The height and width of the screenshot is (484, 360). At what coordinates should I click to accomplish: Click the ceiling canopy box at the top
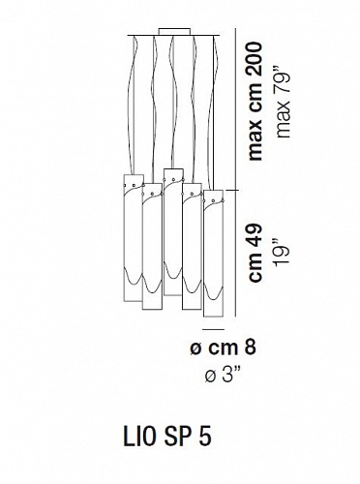pyautogui.click(x=174, y=32)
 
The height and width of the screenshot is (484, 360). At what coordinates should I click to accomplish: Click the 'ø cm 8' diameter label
pyautogui.click(x=223, y=348)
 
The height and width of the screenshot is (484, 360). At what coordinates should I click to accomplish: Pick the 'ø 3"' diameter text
pyautogui.click(x=224, y=376)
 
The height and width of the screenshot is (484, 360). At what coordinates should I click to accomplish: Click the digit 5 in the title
pyautogui.click(x=205, y=437)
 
